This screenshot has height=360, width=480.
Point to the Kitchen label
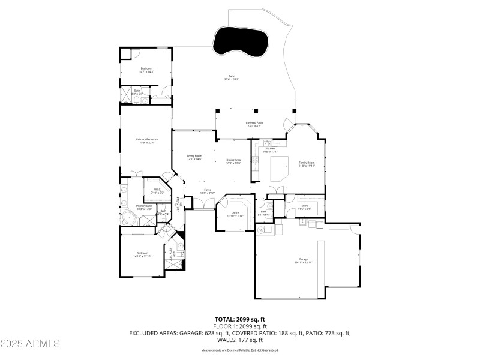point(270,150)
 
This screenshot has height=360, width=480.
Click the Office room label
point(236,214)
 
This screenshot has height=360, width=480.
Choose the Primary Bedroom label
point(147,140)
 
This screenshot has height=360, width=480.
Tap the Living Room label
point(194,158)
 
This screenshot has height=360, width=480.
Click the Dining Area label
point(233,161)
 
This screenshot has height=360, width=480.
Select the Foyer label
point(207,191)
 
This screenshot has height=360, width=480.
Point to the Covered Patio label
point(255,124)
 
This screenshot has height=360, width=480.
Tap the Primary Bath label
point(144,207)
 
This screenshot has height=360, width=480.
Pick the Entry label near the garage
point(305,207)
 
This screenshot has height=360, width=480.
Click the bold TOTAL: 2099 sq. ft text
point(240,319)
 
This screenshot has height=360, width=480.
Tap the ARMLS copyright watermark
point(30,344)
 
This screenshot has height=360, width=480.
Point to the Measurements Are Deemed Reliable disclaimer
point(240,350)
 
